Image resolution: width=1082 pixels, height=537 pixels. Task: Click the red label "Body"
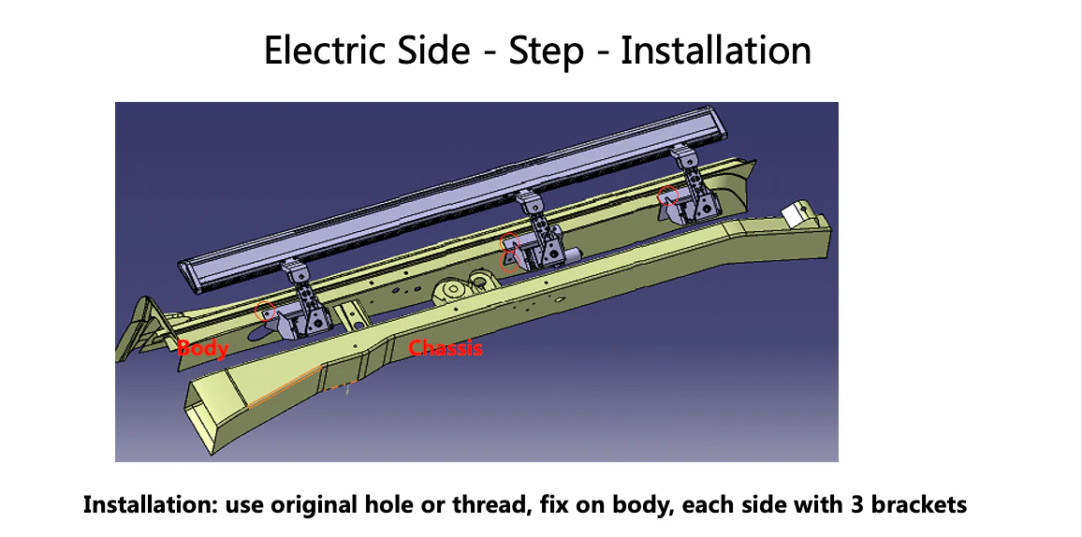[x=203, y=349]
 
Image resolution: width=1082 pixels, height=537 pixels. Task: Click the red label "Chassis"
[x=446, y=349]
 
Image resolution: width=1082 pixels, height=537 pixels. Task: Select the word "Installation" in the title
[x=716, y=50]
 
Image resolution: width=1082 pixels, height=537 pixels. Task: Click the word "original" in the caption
[x=314, y=506]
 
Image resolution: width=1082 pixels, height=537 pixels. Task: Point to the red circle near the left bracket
[x=266, y=312]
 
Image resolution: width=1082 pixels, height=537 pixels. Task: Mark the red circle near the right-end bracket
[x=666, y=196]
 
